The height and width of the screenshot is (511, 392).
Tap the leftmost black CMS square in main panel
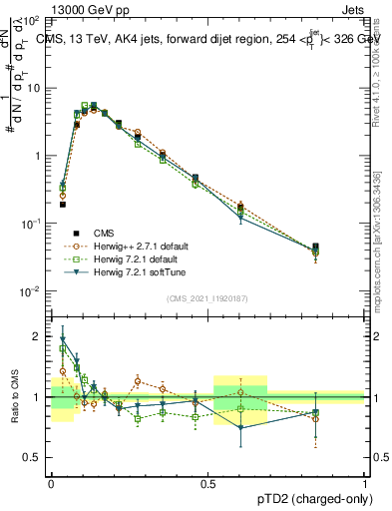63,205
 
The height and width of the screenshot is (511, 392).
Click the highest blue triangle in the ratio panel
63,340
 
